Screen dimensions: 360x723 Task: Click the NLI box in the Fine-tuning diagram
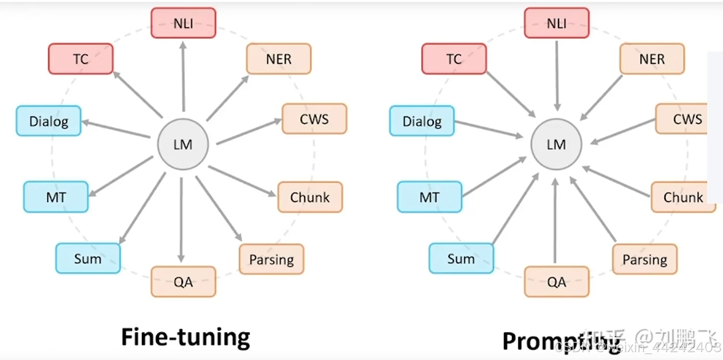183,23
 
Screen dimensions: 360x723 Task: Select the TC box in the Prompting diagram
454,59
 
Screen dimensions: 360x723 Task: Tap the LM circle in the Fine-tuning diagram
183,144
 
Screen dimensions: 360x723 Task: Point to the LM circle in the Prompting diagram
556,144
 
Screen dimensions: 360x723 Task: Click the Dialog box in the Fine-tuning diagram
48,121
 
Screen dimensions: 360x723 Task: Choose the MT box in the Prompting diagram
429,197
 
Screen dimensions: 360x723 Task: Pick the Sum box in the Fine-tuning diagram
88,258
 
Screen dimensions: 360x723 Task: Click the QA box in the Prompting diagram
556,282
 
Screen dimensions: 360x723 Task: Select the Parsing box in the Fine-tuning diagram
271,259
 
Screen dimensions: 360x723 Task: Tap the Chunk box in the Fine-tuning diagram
310,197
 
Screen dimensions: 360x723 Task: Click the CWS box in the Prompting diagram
682,119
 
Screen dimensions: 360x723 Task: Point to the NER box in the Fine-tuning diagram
278,59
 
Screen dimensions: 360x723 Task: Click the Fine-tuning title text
185,337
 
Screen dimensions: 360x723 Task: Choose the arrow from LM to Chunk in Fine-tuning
242,181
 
